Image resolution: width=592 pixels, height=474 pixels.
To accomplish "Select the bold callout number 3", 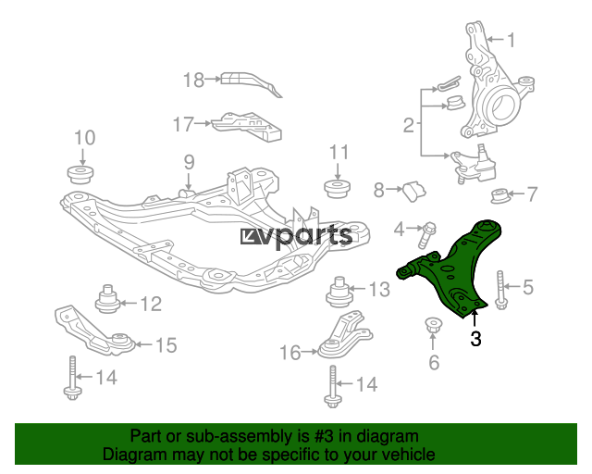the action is click(475, 339).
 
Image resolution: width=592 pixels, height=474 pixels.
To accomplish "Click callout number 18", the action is click(193, 81).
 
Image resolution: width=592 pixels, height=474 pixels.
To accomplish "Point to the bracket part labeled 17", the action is click(247, 127).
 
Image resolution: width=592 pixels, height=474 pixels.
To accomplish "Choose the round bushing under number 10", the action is click(80, 174).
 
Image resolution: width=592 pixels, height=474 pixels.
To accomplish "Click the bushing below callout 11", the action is click(338, 189).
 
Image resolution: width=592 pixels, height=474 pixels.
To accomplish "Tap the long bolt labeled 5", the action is click(500, 291).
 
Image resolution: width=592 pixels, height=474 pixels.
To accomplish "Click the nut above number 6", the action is click(433, 325).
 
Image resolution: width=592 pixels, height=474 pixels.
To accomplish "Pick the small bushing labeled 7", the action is click(500, 196).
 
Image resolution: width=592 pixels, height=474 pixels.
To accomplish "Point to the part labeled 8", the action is click(414, 192).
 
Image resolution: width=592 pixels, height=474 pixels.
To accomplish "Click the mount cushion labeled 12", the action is click(107, 299).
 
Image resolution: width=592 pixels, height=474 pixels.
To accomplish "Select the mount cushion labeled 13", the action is click(339, 293).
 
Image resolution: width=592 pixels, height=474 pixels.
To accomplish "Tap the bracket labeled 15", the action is click(94, 331).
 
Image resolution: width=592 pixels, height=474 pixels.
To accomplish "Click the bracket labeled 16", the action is click(343, 336).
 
